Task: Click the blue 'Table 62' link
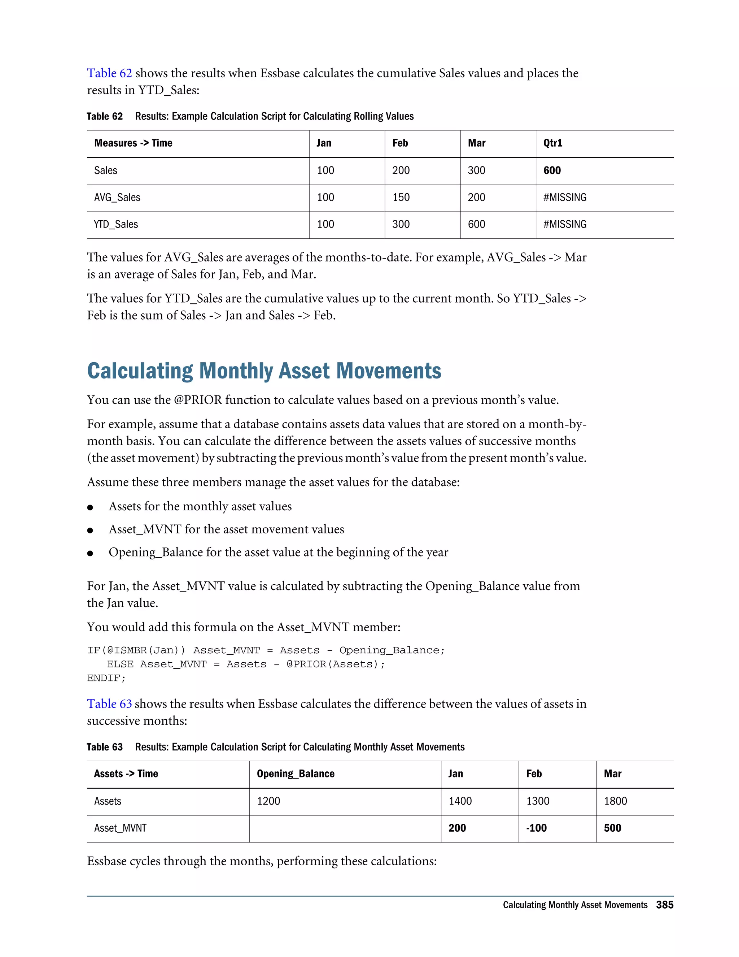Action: pos(109,73)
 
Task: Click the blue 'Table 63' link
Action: pos(109,704)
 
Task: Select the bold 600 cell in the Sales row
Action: pos(552,170)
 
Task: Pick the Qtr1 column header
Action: pos(553,143)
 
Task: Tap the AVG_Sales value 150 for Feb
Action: pos(401,198)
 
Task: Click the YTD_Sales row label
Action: pos(116,224)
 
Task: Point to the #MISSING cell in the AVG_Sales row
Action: pos(565,198)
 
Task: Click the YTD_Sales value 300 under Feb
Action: pos(401,224)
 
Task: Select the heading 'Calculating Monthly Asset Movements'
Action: pos(264,371)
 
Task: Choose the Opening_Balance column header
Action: pos(296,774)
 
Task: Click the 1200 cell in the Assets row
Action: pos(268,801)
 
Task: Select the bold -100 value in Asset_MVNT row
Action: pos(536,828)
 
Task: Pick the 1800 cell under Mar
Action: pos(615,801)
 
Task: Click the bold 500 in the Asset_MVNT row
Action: pos(612,828)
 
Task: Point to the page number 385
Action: pos(665,905)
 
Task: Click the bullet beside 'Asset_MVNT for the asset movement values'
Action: pos(90,530)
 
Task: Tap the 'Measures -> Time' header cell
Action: pos(133,143)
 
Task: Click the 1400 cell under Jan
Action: pos(460,801)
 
